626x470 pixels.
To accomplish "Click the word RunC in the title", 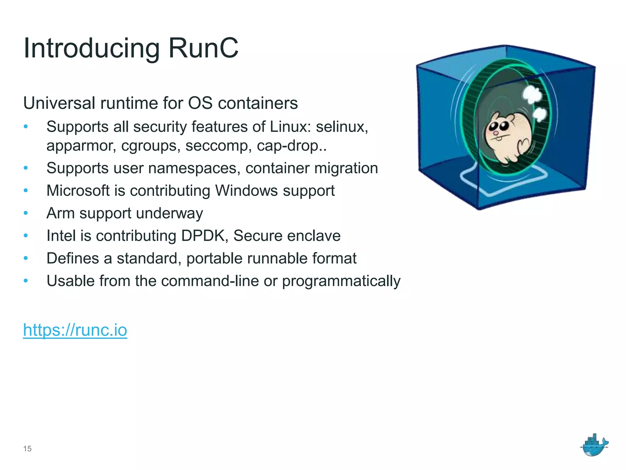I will pyautogui.click(x=203, y=48).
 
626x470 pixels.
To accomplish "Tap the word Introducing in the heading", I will pyautogui.click(x=91, y=49).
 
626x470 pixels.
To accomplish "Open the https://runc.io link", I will pyautogui.click(x=75, y=330).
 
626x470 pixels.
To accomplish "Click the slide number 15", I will pyautogui.click(x=27, y=449).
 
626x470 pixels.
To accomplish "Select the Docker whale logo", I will pyautogui.click(x=594, y=445).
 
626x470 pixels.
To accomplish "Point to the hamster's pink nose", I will pyautogui.click(x=495, y=133).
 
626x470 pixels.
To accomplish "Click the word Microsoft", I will pyautogui.click(x=78, y=191).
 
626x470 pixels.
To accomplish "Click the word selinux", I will pyautogui.click(x=342, y=127).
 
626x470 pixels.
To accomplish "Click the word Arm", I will pyautogui.click(x=61, y=213).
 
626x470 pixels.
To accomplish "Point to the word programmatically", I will pyautogui.click(x=341, y=281).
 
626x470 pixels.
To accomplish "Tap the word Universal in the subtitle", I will pyautogui.click(x=59, y=103).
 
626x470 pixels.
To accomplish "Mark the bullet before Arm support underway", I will pyautogui.click(x=26, y=213).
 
